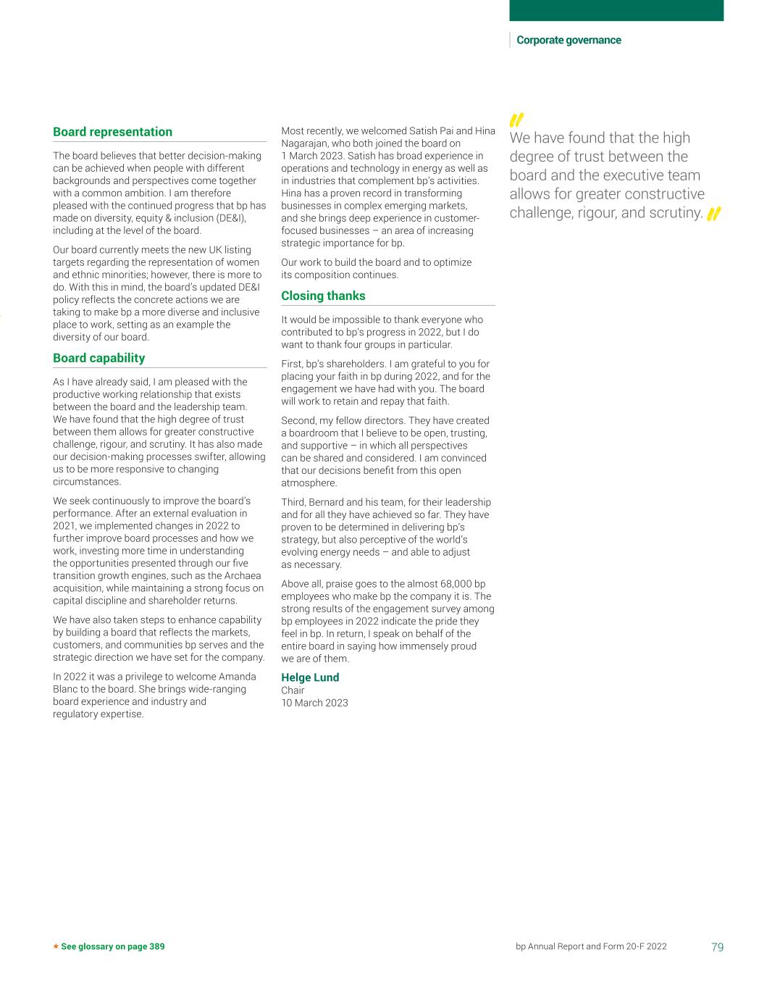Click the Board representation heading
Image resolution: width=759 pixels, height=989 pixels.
tap(112, 132)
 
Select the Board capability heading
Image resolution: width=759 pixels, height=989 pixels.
tap(98, 358)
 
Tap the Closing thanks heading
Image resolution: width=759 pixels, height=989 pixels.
tap(323, 296)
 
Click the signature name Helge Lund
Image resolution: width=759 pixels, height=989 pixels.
tap(310, 677)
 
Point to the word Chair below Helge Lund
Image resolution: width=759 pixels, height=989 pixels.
tap(293, 690)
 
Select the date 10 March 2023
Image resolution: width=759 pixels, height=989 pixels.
tap(314, 703)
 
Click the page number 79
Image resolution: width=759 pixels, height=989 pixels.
tap(717, 946)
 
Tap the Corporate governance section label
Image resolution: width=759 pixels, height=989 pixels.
tap(569, 41)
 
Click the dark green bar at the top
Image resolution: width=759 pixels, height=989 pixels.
tap(616, 10)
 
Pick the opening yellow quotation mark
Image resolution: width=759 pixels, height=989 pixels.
tap(516, 120)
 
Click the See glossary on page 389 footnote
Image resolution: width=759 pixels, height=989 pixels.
tap(112, 946)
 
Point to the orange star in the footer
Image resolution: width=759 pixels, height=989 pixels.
tap(56, 946)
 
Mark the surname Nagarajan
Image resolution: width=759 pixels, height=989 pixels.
tap(303, 143)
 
